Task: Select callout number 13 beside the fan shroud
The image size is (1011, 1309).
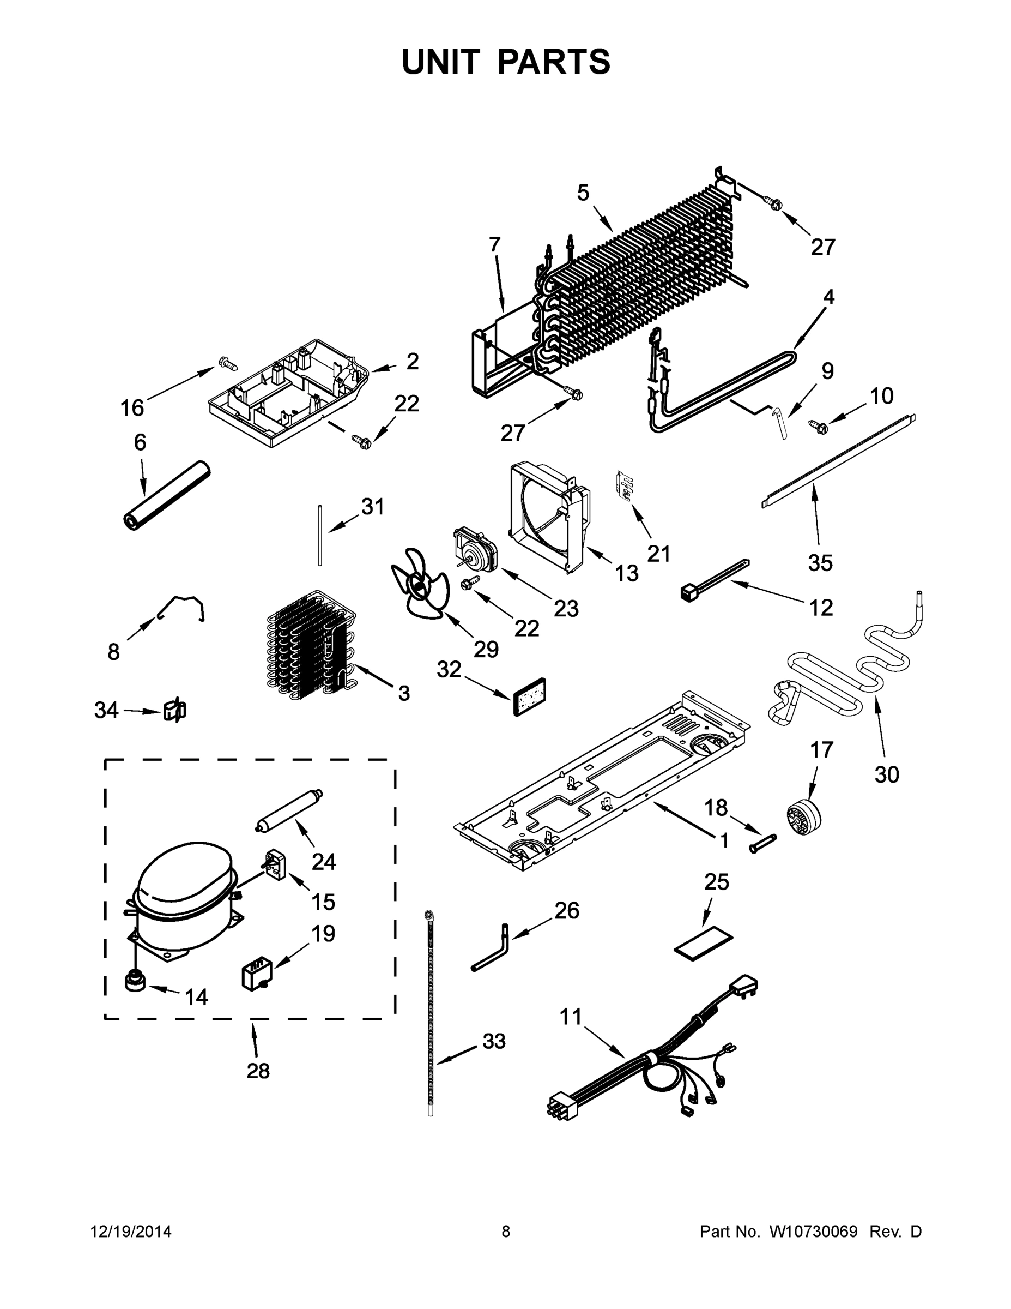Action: (626, 573)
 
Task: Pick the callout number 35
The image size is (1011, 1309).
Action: (820, 562)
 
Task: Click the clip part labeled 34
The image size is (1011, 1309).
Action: (174, 711)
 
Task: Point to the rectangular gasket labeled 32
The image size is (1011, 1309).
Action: (531, 698)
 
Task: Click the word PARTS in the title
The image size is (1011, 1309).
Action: (553, 62)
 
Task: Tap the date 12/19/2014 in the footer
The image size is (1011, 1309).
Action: (131, 1232)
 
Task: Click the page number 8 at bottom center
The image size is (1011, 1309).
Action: (506, 1232)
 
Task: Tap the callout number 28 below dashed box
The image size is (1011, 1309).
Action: (258, 1071)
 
